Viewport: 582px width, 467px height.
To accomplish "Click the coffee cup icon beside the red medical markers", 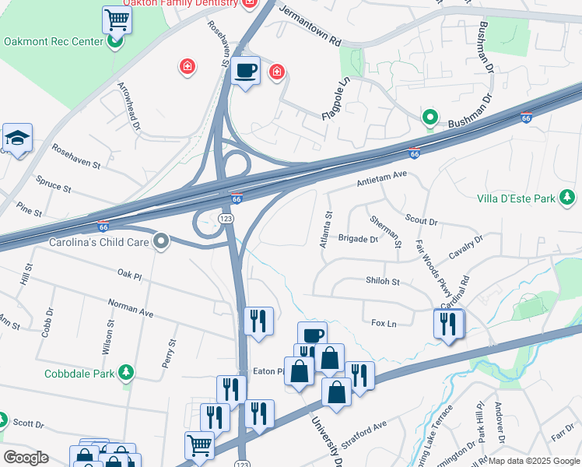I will point(247,71).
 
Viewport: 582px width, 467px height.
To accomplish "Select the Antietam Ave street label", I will point(382,179).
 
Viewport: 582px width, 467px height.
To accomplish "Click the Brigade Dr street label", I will point(358,239).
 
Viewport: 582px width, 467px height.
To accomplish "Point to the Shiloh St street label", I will point(383,281).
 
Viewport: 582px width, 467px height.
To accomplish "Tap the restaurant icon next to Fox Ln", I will point(448,324).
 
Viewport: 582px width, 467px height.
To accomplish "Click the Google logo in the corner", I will point(25,458).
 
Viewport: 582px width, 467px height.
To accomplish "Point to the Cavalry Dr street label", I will point(467,249).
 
